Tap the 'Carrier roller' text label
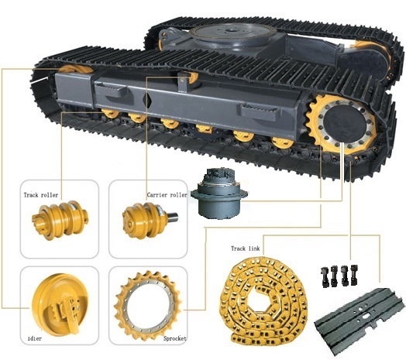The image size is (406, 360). coord(167,196)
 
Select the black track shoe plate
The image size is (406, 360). coord(361,317)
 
